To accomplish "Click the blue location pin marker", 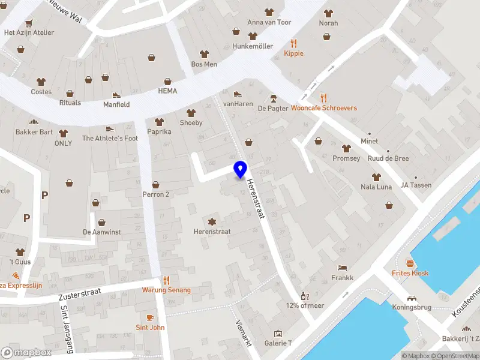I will (241, 170).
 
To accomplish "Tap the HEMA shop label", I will (167, 91).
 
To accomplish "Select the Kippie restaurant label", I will (293, 53).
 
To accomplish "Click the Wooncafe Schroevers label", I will (324, 109).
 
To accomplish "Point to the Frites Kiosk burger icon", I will (410, 263).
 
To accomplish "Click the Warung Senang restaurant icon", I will (166, 280).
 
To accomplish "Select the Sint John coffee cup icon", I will (150, 317).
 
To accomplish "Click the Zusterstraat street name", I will (79, 293).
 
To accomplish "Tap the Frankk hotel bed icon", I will (342, 268).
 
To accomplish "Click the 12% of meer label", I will (305, 305).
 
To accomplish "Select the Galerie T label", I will (278, 343).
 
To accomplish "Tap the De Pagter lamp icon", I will (273, 98).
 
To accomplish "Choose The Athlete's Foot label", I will (110, 139).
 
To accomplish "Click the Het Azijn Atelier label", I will (29, 33).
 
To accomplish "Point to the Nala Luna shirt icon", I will (376, 176).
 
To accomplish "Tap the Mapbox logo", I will (26, 353).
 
